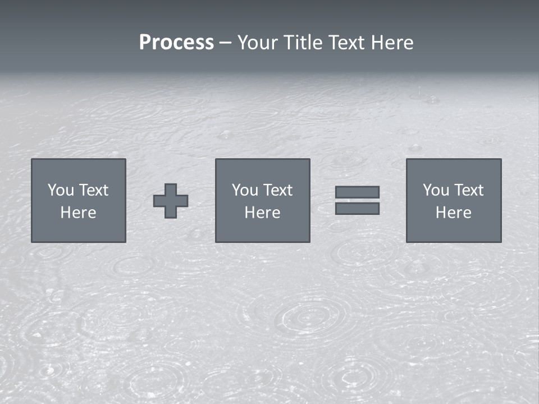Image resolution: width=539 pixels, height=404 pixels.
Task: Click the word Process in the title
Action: click(x=176, y=43)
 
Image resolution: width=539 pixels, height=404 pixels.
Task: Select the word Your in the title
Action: click(x=259, y=43)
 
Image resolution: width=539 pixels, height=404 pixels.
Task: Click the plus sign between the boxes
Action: click(x=171, y=201)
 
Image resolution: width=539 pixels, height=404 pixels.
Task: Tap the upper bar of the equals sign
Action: click(x=357, y=192)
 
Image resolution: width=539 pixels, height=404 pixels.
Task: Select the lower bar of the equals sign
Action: click(x=357, y=209)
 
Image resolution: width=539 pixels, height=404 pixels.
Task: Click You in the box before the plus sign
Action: click(x=61, y=190)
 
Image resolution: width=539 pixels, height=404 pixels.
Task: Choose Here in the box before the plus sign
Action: click(x=78, y=213)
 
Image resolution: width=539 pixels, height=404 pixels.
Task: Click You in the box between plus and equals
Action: click(x=245, y=190)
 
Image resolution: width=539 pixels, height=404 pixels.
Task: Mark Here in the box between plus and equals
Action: click(x=262, y=213)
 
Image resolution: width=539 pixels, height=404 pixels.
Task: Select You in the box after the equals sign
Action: click(x=436, y=190)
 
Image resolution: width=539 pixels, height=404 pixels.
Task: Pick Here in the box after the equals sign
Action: click(x=453, y=213)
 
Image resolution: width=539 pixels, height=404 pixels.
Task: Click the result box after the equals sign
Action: click(x=454, y=230)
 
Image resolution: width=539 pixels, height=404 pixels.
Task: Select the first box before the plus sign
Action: click(x=79, y=230)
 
